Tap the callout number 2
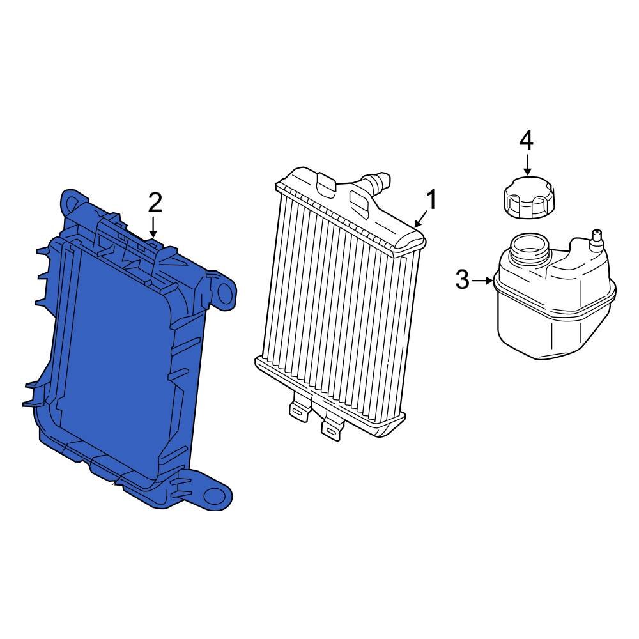[x=155, y=203]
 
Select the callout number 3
[x=462, y=280]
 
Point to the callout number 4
[x=525, y=140]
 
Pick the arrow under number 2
[x=153, y=227]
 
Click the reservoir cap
[x=528, y=198]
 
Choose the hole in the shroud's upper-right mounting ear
[x=225, y=292]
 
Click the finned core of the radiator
[x=339, y=307]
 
